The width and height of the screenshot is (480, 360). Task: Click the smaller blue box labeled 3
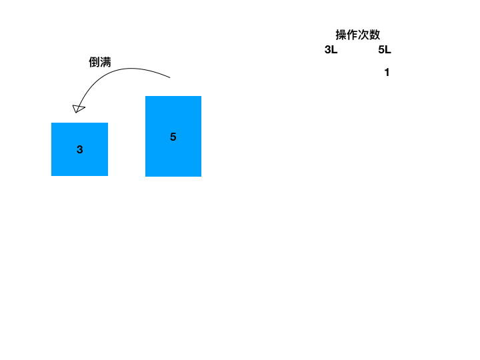79,149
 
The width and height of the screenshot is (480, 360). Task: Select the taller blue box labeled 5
173,136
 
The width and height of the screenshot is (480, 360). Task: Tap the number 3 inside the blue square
80,150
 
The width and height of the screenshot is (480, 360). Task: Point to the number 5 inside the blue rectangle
173,137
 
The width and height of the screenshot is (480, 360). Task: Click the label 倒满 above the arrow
100,62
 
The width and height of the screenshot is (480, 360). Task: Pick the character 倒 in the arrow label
95,62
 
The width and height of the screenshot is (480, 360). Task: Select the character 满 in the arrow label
105,62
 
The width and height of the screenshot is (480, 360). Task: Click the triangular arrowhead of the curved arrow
78,108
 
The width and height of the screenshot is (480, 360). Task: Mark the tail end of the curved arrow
170,78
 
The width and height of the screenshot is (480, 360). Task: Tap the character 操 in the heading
341,35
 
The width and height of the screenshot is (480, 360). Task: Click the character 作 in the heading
353,35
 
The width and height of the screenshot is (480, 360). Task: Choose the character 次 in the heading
364,35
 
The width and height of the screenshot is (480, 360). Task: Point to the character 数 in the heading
375,35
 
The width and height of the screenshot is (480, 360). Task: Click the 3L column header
331,49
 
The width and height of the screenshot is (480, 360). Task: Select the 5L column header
385,49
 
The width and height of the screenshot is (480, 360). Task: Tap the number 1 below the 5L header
387,73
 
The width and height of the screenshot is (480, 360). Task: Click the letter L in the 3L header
335,49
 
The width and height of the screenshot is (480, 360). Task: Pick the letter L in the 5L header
388,49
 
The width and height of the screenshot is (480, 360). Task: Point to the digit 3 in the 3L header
328,49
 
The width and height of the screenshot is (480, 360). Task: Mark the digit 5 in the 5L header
381,49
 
